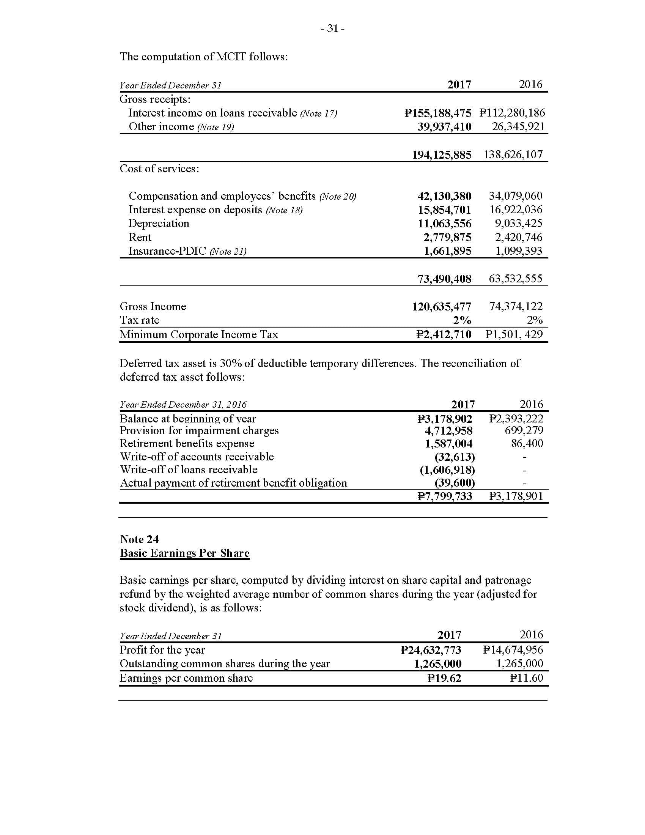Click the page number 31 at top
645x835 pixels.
coord(333,29)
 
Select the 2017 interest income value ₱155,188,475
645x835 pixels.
coord(437,113)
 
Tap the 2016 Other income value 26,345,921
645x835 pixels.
coord(518,126)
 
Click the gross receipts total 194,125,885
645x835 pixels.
coord(442,155)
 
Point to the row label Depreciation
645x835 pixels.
coord(159,223)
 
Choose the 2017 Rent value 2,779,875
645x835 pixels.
coord(447,238)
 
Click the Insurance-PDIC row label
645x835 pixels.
coord(167,251)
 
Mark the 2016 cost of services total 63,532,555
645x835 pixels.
coord(516,278)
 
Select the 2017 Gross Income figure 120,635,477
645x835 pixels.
coord(442,307)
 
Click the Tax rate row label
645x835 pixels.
coord(140,320)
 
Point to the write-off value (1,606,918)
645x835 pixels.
coord(447,470)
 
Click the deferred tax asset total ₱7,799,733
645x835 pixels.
coord(444,496)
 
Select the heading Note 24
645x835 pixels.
coord(140,539)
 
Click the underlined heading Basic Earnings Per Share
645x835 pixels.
coord(184,553)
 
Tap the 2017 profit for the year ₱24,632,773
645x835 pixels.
coord(431,650)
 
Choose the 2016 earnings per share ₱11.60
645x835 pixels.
coord(526,678)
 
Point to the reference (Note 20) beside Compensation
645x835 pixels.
coord(337,197)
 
